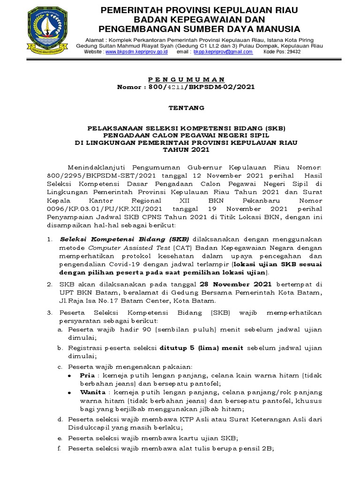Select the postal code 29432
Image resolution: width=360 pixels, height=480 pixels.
point(294,52)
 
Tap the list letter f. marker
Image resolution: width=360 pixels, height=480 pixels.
point(60,449)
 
